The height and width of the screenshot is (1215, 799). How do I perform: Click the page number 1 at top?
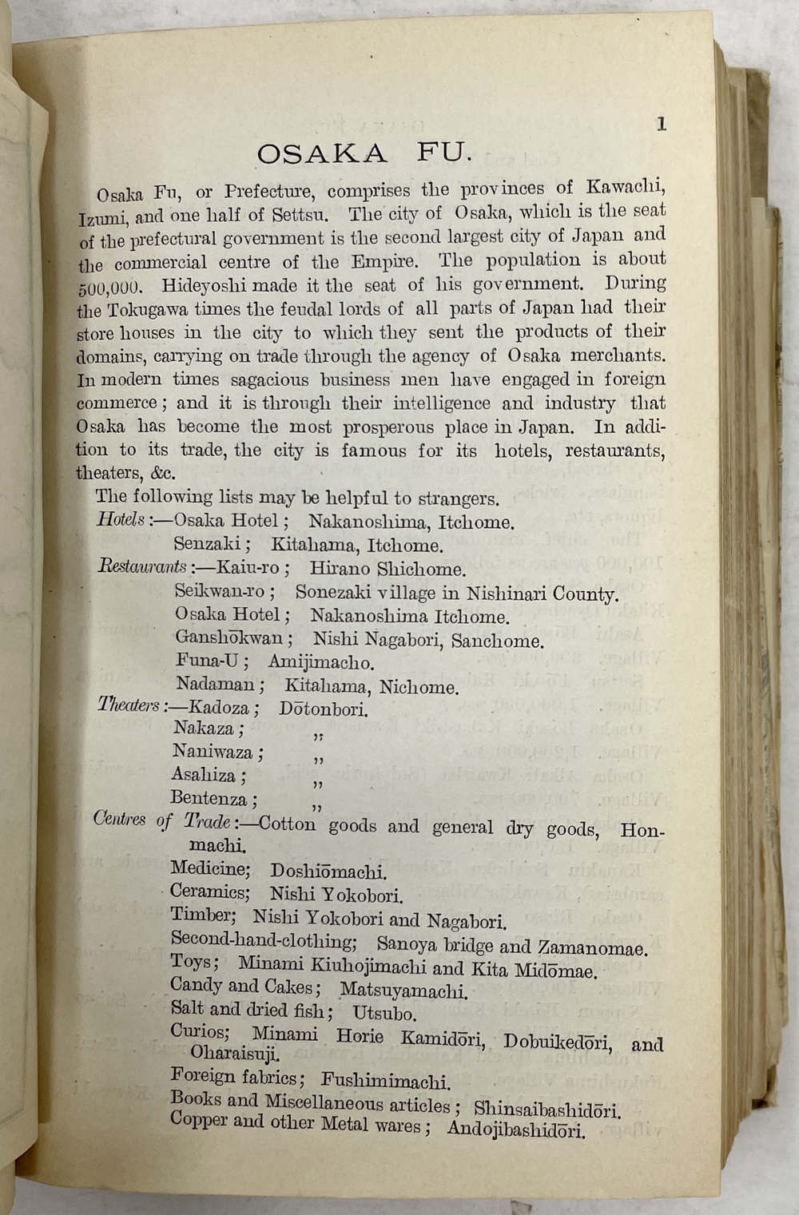(661, 124)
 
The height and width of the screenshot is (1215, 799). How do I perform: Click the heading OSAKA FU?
(359, 153)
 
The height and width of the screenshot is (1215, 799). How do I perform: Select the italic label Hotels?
(121, 519)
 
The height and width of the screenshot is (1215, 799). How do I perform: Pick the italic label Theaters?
(129, 705)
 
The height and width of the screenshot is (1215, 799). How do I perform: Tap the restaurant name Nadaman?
(216, 685)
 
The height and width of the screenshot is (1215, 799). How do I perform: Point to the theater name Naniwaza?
(214, 752)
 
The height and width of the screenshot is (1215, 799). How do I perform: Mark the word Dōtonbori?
(324, 709)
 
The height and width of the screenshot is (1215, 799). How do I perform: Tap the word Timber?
(202, 915)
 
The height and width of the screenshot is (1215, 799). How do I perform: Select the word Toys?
(191, 963)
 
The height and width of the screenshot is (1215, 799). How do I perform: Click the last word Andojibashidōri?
(516, 1129)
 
